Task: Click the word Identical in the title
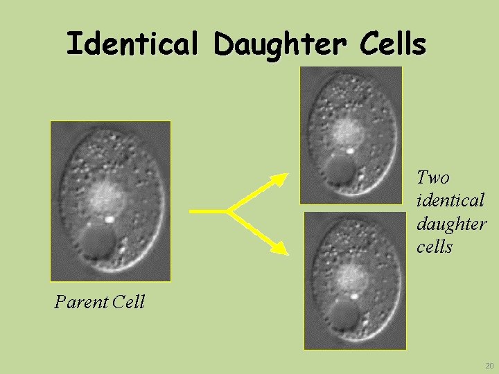coord(132,44)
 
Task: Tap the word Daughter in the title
coord(280,44)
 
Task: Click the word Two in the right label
coord(433,177)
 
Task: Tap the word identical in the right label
coord(450,201)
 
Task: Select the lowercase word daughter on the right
coord(451,224)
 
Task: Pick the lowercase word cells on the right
coord(435,247)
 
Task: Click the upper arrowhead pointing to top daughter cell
coord(280,179)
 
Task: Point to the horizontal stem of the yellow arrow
coord(208,210)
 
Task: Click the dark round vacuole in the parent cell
coord(97,242)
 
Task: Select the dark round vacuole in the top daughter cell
coord(339,168)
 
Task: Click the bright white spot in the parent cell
coord(110,220)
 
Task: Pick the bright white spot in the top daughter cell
coord(350,149)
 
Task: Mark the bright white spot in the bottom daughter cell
coord(355,295)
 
